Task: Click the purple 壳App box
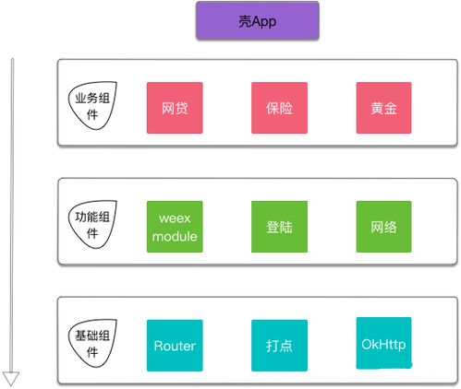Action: point(258,20)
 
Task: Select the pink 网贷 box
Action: point(175,108)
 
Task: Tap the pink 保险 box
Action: point(279,108)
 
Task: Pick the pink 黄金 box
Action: point(383,108)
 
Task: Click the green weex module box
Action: point(175,227)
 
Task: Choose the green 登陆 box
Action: point(279,227)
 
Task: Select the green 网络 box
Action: point(383,227)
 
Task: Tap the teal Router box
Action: point(175,346)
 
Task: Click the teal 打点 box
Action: point(279,346)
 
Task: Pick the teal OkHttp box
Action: point(383,343)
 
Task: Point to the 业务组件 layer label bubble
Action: point(92,105)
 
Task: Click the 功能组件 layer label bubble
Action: point(92,224)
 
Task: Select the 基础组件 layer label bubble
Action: point(92,343)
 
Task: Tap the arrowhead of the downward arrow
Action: point(11,378)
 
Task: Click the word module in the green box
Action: point(175,236)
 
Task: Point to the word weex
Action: point(175,218)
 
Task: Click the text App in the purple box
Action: point(263,22)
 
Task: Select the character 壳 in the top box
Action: point(245,21)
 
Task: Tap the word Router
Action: point(175,346)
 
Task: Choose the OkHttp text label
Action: point(383,345)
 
